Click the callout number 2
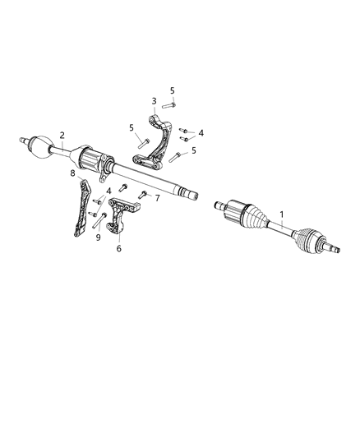(x=62, y=135)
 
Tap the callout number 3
(x=154, y=102)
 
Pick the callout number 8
(x=72, y=173)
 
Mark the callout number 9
(x=98, y=237)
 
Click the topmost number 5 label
(x=173, y=90)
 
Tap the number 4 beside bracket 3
(x=201, y=131)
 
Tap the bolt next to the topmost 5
(x=169, y=104)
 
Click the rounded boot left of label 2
(x=40, y=146)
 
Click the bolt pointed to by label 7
(x=142, y=196)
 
